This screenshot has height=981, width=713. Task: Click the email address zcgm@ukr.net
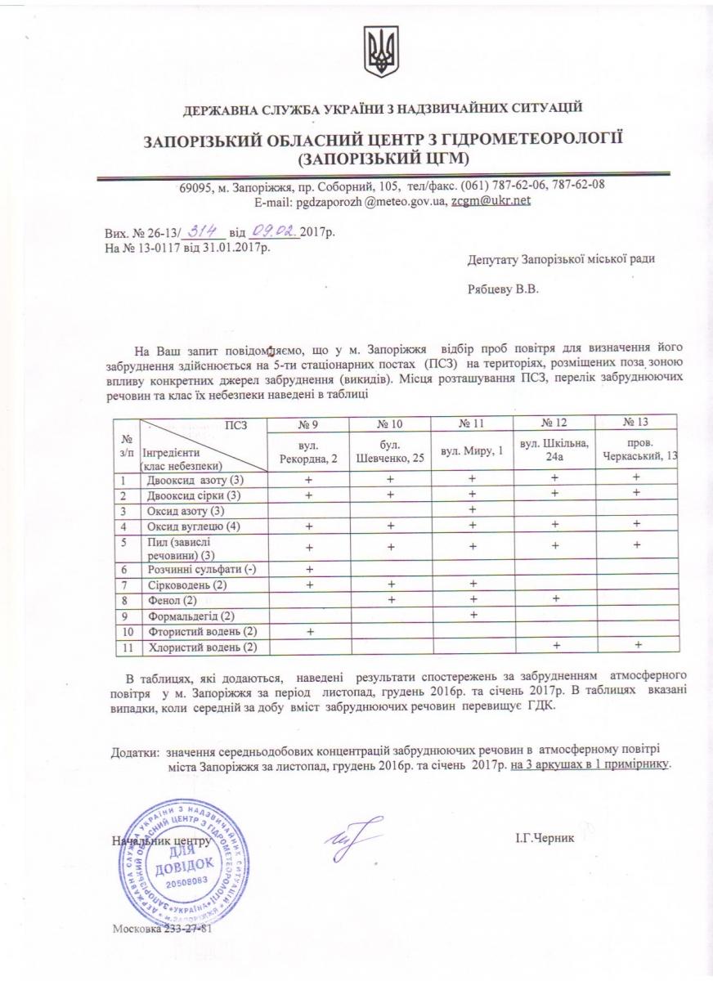click(491, 200)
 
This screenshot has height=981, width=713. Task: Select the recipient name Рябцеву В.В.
click(504, 289)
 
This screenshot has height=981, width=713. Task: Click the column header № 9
click(310, 423)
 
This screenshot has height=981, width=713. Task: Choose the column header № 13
click(635, 423)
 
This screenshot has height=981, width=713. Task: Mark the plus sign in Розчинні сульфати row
click(310, 569)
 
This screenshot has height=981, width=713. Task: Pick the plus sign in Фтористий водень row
click(310, 630)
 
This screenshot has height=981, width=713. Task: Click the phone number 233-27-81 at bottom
click(191, 931)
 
